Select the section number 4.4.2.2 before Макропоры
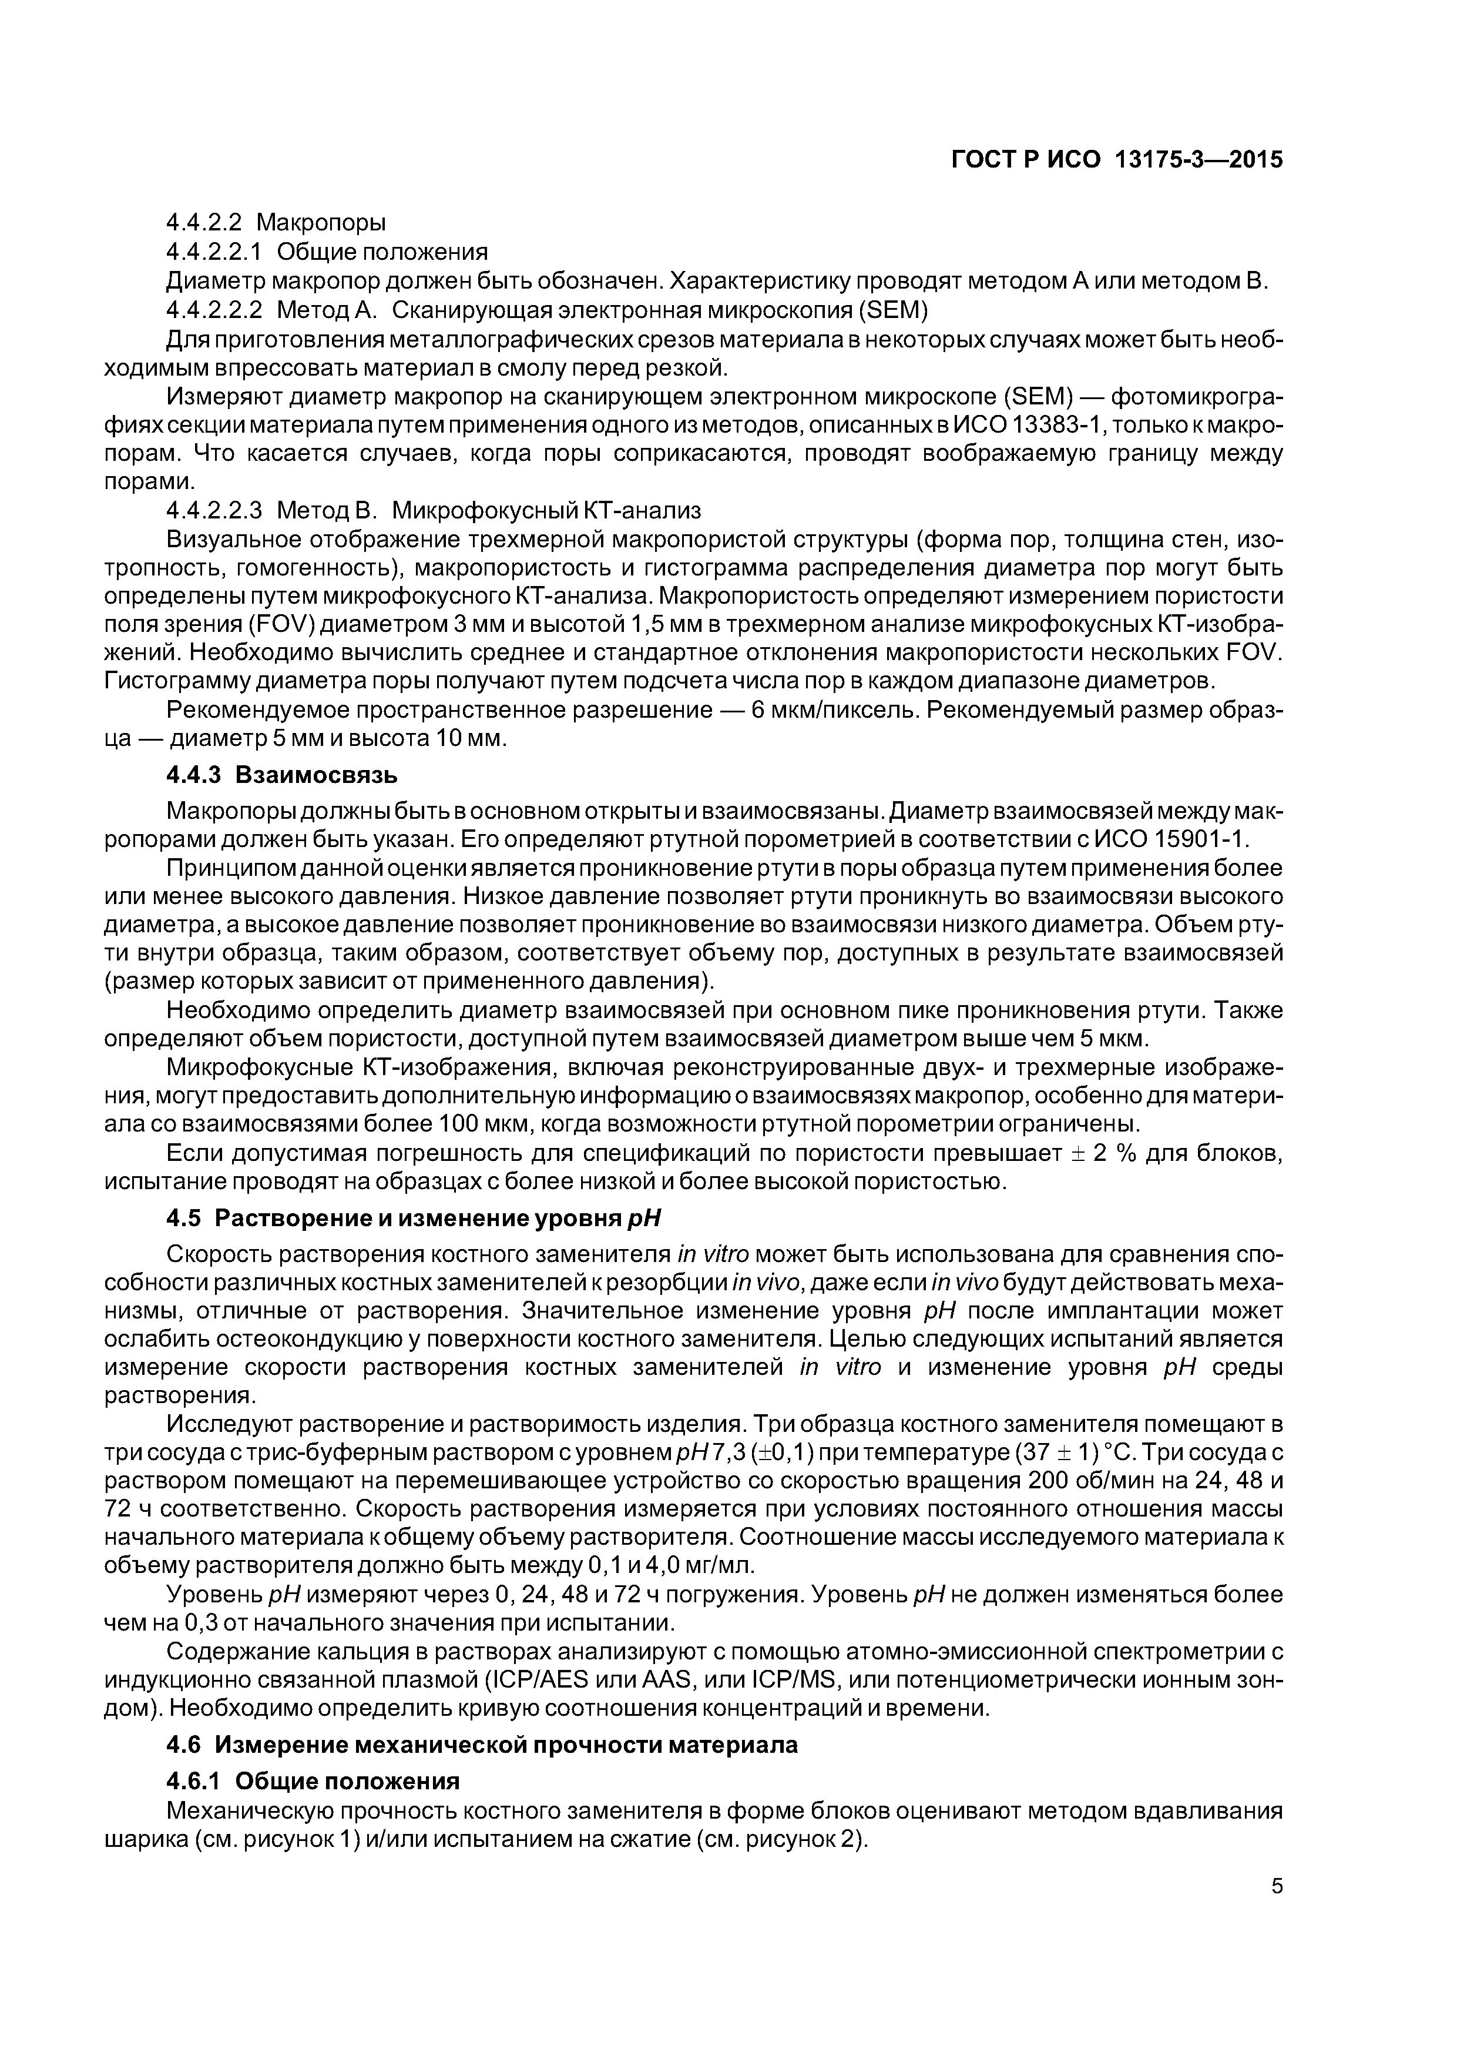pyautogui.click(x=204, y=221)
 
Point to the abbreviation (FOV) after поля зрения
pyautogui.click(x=274, y=624)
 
